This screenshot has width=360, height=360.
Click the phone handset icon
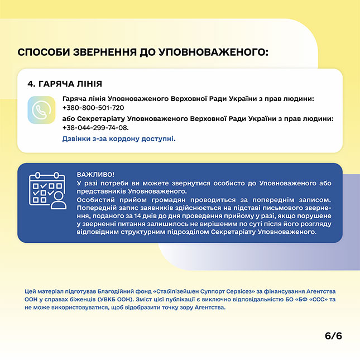pos(41,110)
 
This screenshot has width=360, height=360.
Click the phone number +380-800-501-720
pos(93,108)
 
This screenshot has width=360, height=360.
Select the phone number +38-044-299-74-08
pos(92,127)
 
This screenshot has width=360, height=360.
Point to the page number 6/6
pos(333,335)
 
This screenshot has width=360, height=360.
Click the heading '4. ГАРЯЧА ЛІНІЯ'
pos(65,84)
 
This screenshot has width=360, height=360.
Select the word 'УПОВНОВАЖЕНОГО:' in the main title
pos(214,53)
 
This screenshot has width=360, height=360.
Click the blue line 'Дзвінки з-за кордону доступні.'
pos(119,138)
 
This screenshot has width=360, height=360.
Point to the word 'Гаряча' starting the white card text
pos(74,99)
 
